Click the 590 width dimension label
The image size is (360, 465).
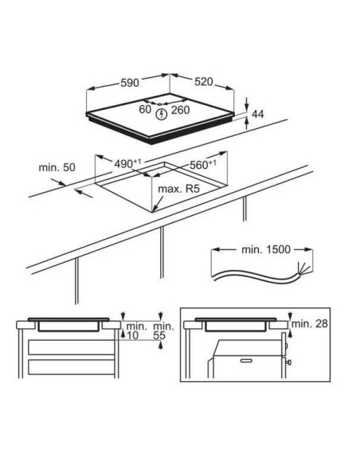click(x=130, y=83)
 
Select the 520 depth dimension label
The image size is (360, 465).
click(x=204, y=82)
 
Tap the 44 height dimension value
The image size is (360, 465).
click(x=257, y=114)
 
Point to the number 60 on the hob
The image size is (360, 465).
click(x=145, y=109)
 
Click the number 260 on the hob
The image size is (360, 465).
click(x=180, y=110)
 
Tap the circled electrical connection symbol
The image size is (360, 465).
click(x=162, y=115)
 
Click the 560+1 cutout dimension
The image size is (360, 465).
click(x=202, y=165)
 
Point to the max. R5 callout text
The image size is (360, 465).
click(x=179, y=189)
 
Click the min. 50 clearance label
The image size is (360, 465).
click(x=57, y=167)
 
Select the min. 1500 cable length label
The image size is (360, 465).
click(x=266, y=249)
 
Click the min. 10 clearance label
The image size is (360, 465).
click(x=137, y=331)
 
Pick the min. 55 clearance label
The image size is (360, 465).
click(x=163, y=331)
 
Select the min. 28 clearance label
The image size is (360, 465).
click(x=310, y=323)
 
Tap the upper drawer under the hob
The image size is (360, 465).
click(x=72, y=347)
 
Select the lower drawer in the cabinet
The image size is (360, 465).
click(x=72, y=367)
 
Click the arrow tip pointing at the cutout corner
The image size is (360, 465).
click(x=153, y=212)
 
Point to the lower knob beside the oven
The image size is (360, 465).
click(x=288, y=362)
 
